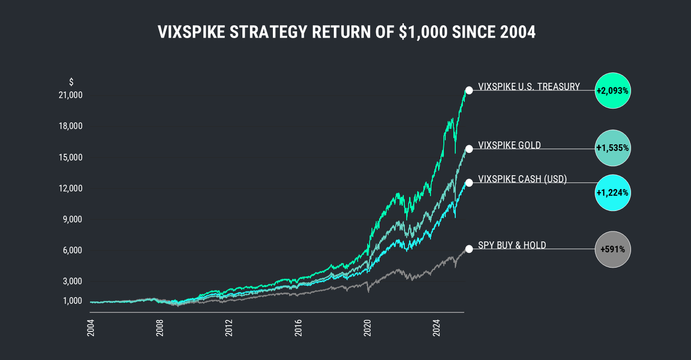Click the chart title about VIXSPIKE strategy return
[x=346, y=32]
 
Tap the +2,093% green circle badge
[x=613, y=90]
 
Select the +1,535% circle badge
[x=613, y=148]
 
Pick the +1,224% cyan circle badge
[x=613, y=193]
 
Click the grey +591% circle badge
[x=613, y=249]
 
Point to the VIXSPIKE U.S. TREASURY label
[x=529, y=87]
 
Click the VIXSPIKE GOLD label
[x=509, y=145]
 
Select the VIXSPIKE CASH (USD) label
[x=522, y=179]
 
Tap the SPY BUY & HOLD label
[x=511, y=245]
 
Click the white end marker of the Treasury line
[x=469, y=90]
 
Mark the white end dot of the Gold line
[x=469, y=149]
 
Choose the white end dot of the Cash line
[x=469, y=183]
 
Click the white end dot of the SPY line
[x=469, y=249]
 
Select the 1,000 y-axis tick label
[x=73, y=301]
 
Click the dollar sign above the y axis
[x=71, y=82]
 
